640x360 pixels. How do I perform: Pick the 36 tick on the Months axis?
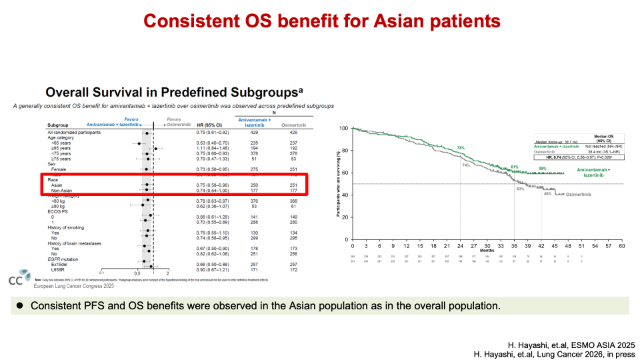pyautogui.click(x=514, y=245)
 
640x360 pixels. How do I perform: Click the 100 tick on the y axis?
pyautogui.click(x=343, y=128)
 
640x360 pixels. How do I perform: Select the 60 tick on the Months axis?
pyautogui.click(x=621, y=245)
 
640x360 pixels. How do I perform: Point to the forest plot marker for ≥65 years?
pyautogui.click(x=155, y=148)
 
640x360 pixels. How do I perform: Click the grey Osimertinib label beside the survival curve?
pyautogui.click(x=575, y=194)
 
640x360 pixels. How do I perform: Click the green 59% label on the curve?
pyautogui.click(x=543, y=169)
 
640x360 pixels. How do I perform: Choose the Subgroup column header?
pyautogui.click(x=58, y=125)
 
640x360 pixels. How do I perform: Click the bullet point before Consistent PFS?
pyautogui.click(x=20, y=305)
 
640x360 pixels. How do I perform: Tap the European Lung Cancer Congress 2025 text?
pyautogui.click(x=75, y=285)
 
